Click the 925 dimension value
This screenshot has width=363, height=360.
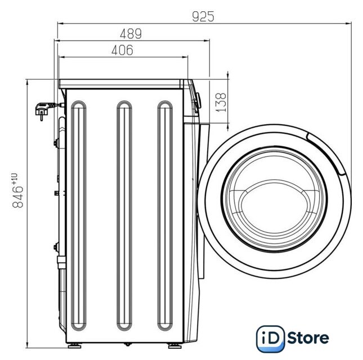tap(203, 16)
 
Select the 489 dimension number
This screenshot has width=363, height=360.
tap(131, 34)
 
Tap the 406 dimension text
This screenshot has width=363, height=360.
tap(122, 50)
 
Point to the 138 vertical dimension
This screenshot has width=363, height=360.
tap(221, 102)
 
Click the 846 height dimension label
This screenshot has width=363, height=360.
tap(17, 191)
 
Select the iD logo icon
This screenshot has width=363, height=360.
tap(270, 339)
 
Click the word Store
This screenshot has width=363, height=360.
tap(308, 338)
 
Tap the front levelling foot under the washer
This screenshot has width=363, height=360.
tap(175, 345)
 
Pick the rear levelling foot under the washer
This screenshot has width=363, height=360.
tap(74, 345)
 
